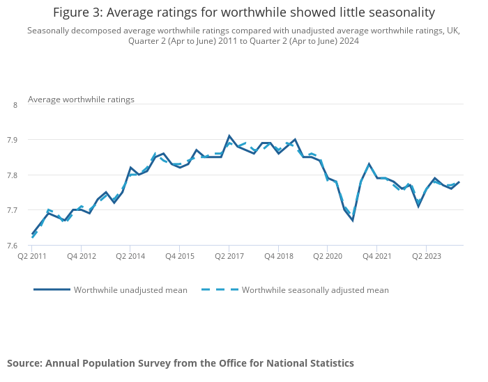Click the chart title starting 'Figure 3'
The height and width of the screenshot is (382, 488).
(x=244, y=13)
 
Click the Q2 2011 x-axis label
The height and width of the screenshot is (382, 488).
(x=32, y=256)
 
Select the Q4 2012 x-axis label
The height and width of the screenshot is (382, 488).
(x=81, y=256)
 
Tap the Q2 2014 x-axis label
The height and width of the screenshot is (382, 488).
(x=130, y=256)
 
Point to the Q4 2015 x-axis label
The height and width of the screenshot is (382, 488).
(x=179, y=256)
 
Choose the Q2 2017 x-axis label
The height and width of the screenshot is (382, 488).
(x=229, y=256)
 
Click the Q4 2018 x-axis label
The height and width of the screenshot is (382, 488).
(x=278, y=256)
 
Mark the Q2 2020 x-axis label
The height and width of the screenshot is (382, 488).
(x=328, y=256)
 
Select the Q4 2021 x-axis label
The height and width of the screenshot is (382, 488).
(x=376, y=256)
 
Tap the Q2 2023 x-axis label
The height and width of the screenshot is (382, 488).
(x=426, y=256)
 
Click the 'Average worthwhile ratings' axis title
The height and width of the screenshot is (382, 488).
(x=81, y=100)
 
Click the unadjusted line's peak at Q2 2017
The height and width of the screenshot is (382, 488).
(x=229, y=136)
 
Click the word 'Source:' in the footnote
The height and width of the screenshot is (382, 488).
(x=24, y=363)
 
